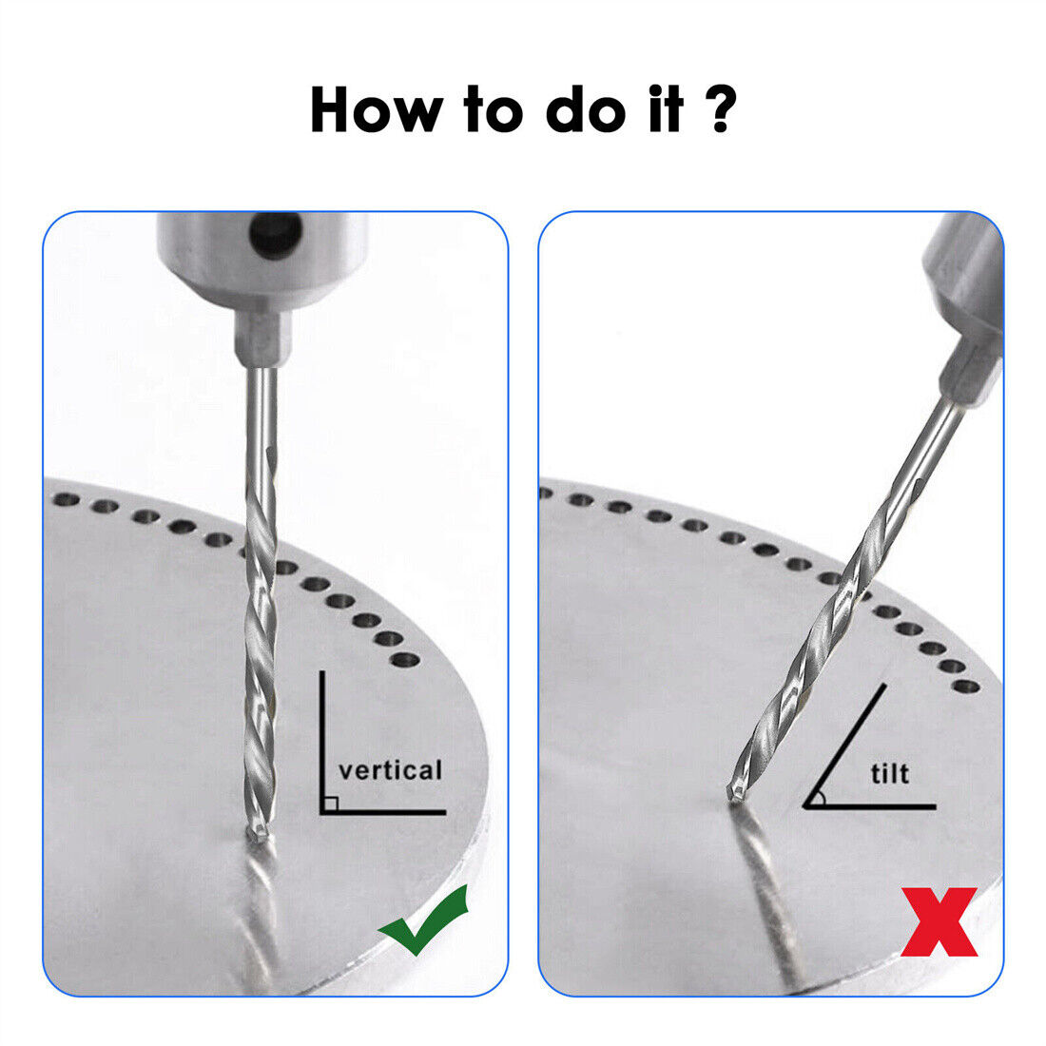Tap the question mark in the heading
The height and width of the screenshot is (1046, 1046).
tap(720, 108)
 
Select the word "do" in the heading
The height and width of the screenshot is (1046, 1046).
tap(587, 108)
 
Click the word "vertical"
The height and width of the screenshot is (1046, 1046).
tap(390, 770)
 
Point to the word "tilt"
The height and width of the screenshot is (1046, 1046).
tap(890, 773)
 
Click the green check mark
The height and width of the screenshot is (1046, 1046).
tap(423, 920)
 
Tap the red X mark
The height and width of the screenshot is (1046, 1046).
tap(939, 921)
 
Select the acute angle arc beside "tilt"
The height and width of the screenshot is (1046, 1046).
tap(822, 798)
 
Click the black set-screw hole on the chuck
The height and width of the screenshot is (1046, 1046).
tap(275, 234)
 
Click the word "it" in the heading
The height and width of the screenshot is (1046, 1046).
tap(666, 108)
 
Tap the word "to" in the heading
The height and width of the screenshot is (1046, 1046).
tap(493, 108)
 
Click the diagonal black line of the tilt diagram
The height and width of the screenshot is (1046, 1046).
tap(844, 746)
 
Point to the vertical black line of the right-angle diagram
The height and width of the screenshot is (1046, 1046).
tap(322, 742)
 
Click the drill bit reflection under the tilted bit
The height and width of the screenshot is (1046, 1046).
tap(767, 894)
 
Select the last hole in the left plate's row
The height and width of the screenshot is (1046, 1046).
tap(405, 661)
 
